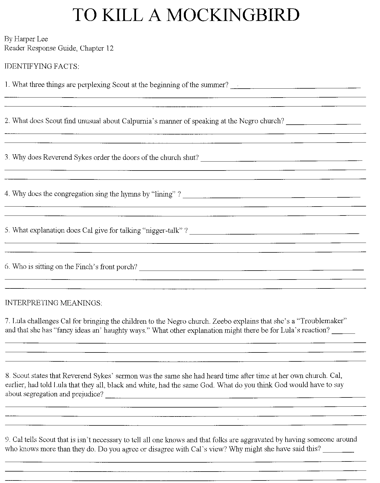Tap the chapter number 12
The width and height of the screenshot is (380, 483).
(x=110, y=48)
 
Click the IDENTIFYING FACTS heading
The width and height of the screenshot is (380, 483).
(x=42, y=67)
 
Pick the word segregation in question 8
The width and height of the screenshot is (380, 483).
(x=41, y=394)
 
